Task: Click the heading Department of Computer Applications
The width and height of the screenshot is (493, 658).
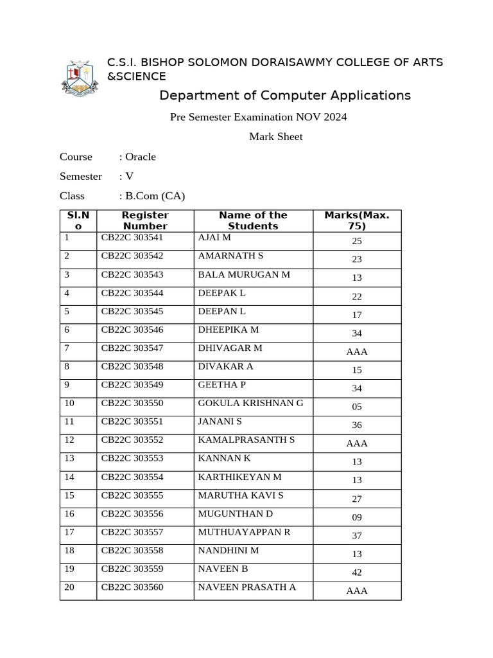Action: click(284, 96)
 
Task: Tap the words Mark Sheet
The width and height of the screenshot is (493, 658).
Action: click(275, 136)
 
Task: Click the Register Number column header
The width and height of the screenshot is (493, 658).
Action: click(145, 220)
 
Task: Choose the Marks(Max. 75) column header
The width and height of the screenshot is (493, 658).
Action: click(357, 220)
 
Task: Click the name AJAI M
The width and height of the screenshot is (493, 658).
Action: click(214, 238)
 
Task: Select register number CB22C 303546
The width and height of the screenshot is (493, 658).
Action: click(132, 330)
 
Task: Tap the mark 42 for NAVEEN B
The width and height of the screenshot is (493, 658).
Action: click(357, 572)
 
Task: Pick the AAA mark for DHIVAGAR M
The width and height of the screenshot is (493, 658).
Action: click(357, 351)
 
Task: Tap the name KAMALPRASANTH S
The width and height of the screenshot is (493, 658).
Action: click(246, 440)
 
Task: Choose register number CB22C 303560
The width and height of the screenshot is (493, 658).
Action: click(132, 587)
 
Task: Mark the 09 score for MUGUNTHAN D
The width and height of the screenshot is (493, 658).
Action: click(357, 517)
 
